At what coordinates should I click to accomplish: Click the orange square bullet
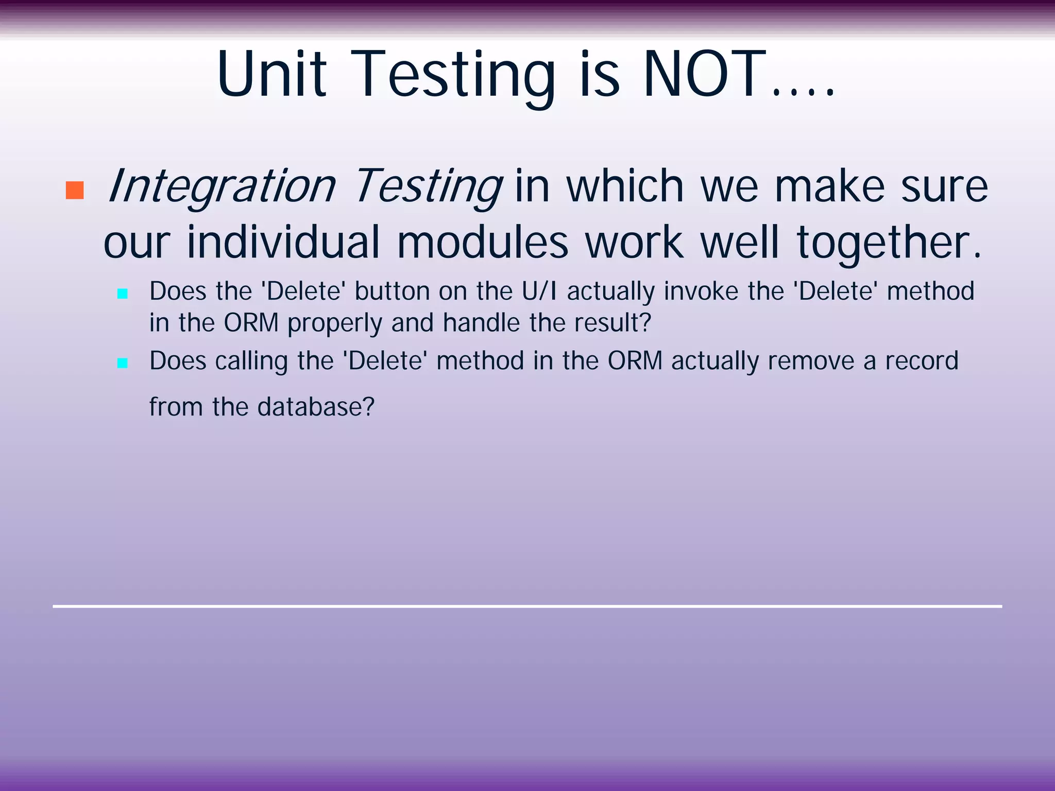[x=75, y=191]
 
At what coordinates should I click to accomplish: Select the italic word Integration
[x=222, y=186]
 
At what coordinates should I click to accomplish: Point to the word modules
[x=483, y=243]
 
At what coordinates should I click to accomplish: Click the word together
[x=889, y=243]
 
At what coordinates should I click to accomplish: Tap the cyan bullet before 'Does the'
[x=123, y=294]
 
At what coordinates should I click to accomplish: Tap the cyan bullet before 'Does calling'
[x=123, y=363]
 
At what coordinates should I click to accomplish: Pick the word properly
[x=335, y=324]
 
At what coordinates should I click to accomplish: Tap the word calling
[x=251, y=361]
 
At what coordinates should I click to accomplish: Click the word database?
[x=315, y=407]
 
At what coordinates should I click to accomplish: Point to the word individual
[x=283, y=243]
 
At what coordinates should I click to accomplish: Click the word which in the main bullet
[x=625, y=186]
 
